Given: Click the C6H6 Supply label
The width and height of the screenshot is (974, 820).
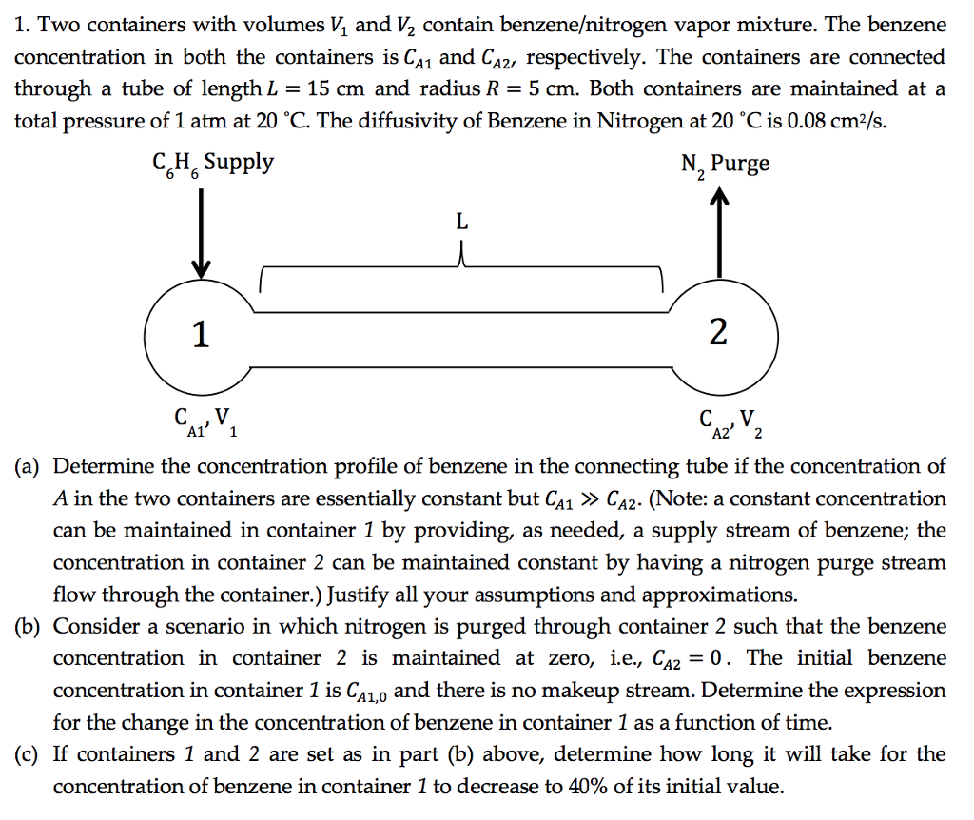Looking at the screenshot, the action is tap(210, 163).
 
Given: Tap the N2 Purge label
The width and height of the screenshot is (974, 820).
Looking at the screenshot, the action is tap(725, 165).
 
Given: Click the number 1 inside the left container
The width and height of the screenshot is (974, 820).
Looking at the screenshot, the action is tap(200, 334).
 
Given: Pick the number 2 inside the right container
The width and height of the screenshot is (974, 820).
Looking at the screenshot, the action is tap(718, 333).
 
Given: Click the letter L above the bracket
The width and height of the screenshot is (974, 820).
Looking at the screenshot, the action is tap(462, 224).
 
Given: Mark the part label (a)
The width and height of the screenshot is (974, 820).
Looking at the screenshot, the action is tap(28, 467).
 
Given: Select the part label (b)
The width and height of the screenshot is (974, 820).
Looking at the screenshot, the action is tap(28, 627).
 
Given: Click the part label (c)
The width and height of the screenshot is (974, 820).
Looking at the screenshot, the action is tap(28, 755).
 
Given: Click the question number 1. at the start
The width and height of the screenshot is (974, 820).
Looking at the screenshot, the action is tap(24, 25).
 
